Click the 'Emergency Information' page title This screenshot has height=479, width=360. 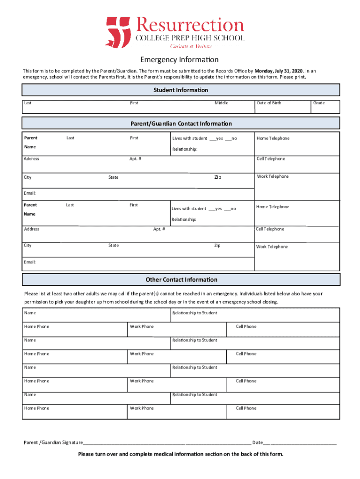tap(180, 60)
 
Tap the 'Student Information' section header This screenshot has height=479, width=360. tap(180, 90)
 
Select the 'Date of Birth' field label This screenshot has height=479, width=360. tap(269, 103)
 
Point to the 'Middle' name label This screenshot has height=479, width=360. tap(221, 103)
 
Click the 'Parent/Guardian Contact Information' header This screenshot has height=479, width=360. tap(180, 123)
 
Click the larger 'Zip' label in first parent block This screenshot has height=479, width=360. tap(217, 177)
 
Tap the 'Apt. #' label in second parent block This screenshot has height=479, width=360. tap(159, 229)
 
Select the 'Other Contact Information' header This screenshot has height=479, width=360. tap(181, 280)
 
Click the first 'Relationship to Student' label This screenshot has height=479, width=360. tap(194, 313)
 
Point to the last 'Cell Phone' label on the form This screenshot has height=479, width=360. tap(246, 408)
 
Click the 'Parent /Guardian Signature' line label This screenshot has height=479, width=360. tap(53, 442)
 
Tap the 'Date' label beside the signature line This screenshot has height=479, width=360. tap(257, 442)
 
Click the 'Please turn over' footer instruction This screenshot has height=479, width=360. tap(180, 454)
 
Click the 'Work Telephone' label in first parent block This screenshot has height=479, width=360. tap(273, 176)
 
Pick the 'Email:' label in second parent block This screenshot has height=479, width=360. tap(29, 262)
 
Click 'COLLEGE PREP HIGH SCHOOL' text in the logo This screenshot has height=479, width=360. tap(190, 38)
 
